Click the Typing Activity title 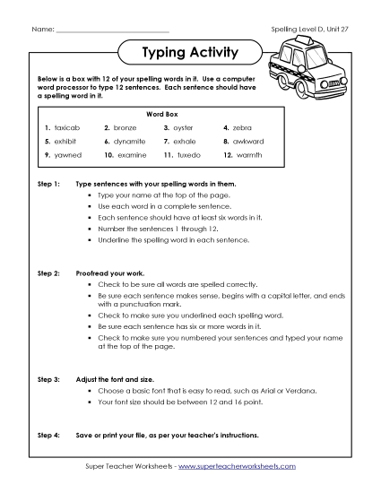click(190, 53)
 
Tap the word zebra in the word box click(243, 128)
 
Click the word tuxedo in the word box click(188, 155)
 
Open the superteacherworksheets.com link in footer click(242, 467)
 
